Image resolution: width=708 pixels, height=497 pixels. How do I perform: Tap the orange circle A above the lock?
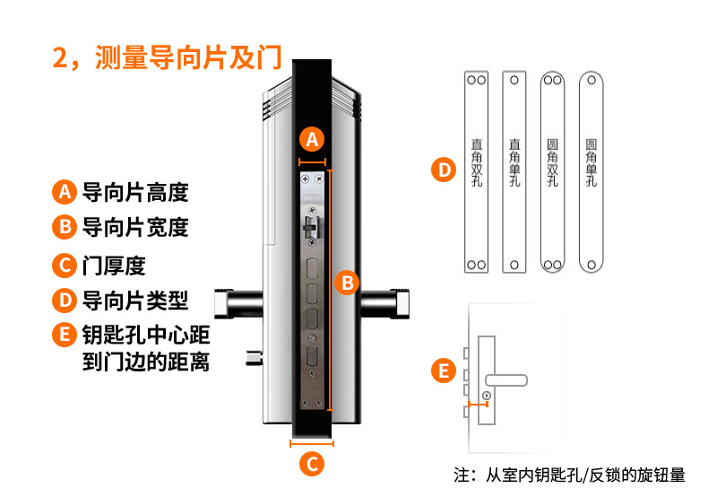[312, 139]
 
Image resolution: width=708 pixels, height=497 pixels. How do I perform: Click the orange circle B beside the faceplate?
[347, 283]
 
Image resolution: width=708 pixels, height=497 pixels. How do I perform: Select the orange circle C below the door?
[311, 464]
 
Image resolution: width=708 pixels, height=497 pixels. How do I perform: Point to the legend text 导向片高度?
[135, 192]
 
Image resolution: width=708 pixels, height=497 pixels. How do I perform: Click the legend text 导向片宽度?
[135, 227]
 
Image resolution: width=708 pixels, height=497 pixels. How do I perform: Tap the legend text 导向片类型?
[135, 300]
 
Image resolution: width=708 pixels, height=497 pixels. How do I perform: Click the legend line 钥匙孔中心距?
[146, 336]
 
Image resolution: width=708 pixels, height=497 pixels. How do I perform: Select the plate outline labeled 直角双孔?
[477, 170]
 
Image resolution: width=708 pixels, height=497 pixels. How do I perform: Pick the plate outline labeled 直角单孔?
[514, 170]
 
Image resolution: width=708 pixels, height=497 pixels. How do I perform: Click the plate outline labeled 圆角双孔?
[552, 170]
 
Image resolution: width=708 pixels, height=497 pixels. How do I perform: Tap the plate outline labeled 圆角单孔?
[591, 170]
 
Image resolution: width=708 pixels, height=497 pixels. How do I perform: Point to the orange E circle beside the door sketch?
[442, 371]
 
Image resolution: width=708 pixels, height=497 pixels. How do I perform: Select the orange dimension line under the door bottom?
[311, 442]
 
